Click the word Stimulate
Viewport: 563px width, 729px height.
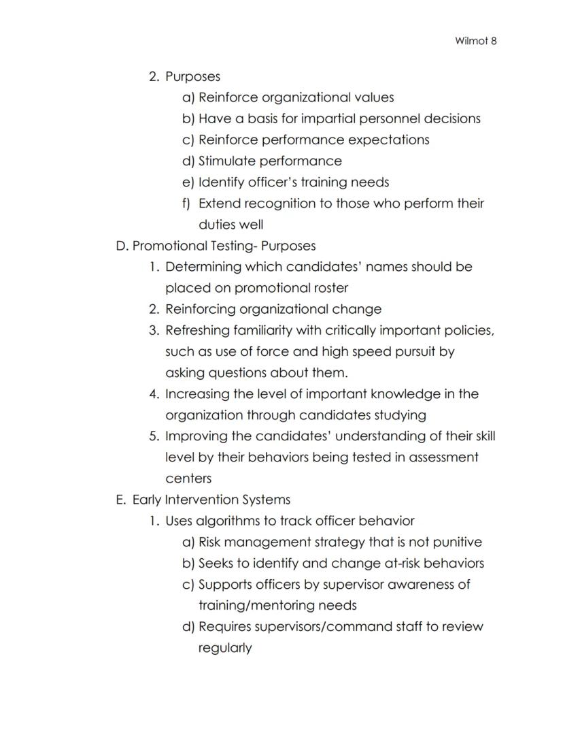click(228, 161)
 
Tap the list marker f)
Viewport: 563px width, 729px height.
click(186, 203)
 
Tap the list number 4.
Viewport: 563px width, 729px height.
click(154, 394)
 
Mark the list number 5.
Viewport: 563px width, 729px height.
click(154, 436)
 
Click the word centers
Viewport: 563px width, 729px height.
click(188, 479)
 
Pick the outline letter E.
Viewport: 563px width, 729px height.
click(120, 500)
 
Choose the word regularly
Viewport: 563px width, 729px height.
click(225, 647)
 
